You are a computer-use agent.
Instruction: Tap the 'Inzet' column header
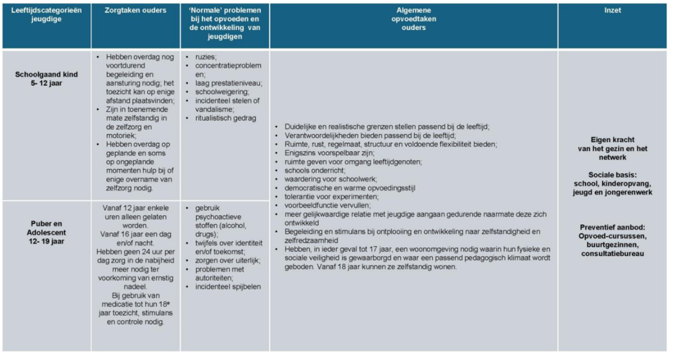tap(612, 11)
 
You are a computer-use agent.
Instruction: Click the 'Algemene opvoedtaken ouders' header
tap(413, 19)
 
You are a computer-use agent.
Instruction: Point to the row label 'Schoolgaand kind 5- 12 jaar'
tap(46, 78)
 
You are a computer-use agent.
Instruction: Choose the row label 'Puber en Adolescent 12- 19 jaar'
tap(46, 232)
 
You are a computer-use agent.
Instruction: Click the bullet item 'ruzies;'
tap(206, 57)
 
